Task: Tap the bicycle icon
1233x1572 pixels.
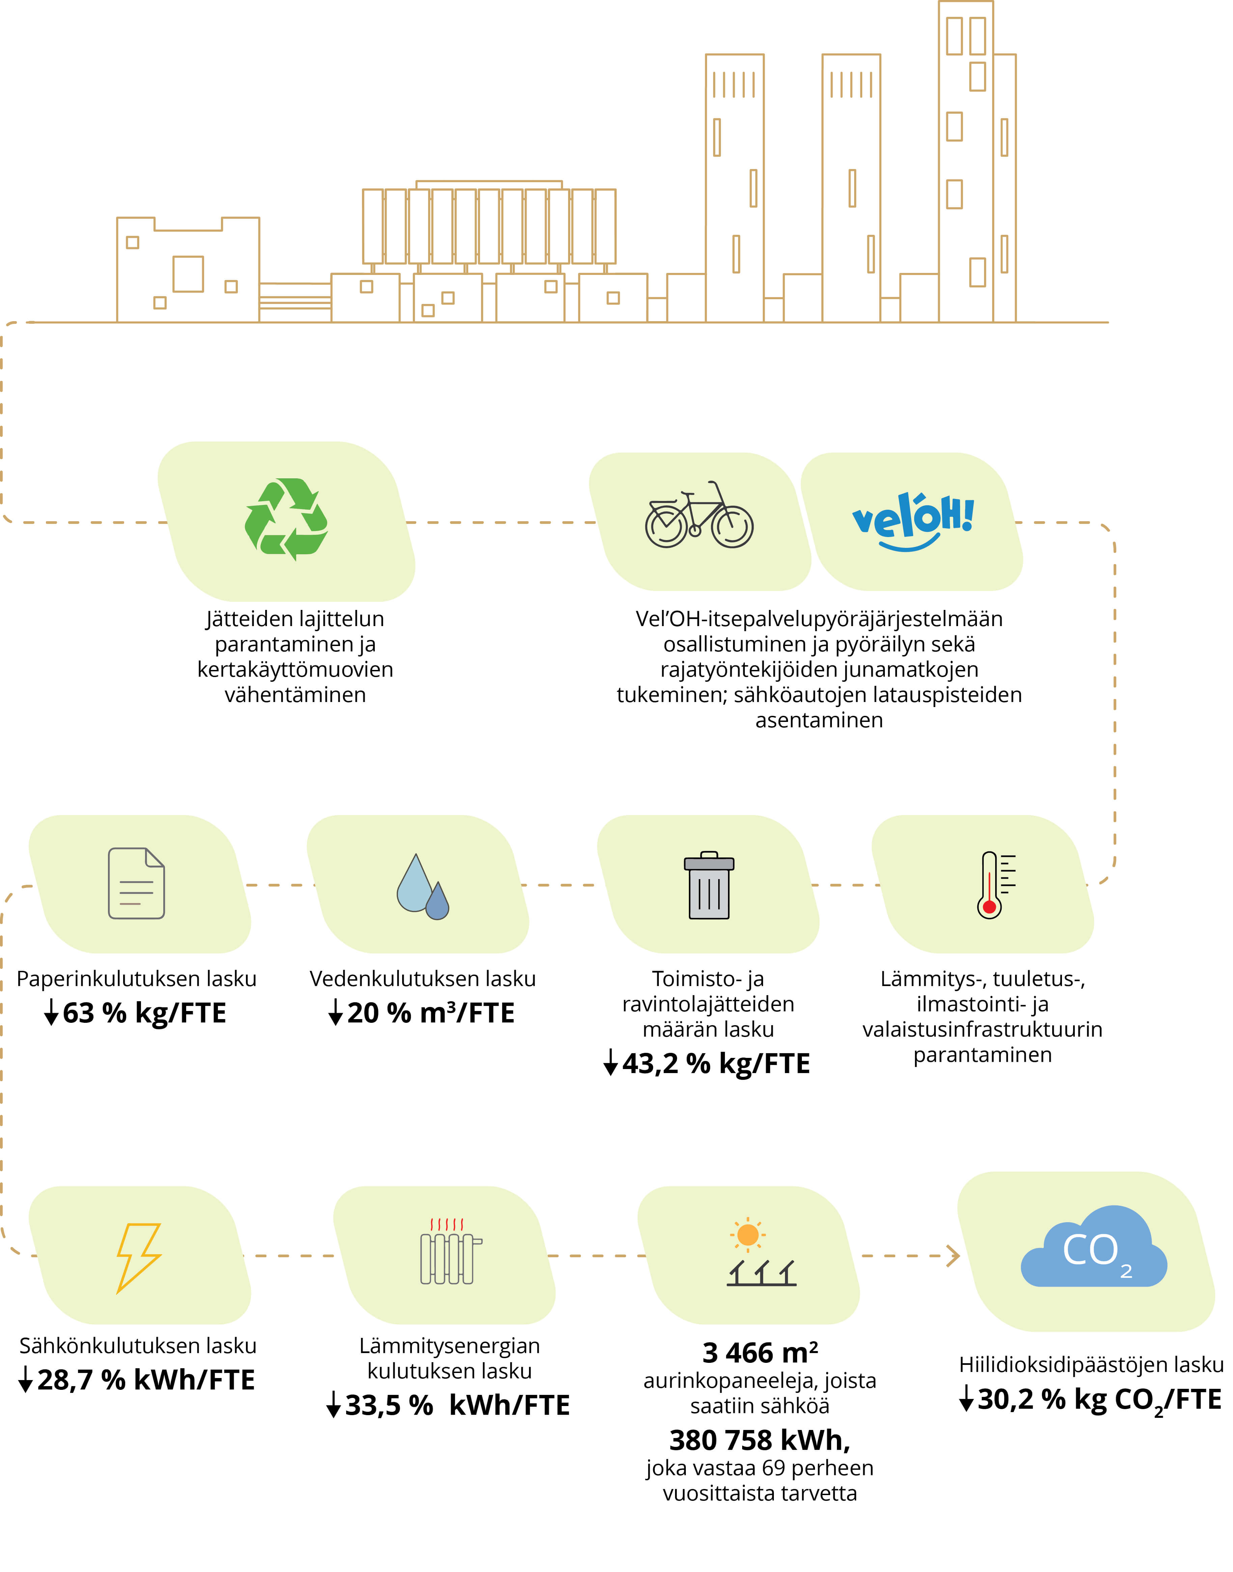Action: pyautogui.click(x=699, y=515)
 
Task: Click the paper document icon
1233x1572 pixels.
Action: pyautogui.click(x=136, y=883)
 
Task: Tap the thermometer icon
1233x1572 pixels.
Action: pyautogui.click(x=995, y=885)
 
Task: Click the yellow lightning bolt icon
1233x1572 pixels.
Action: pyautogui.click(x=139, y=1257)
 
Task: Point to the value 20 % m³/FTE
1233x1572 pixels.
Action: pyautogui.click(x=431, y=1013)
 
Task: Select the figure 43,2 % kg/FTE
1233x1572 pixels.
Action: pyautogui.click(x=716, y=1064)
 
